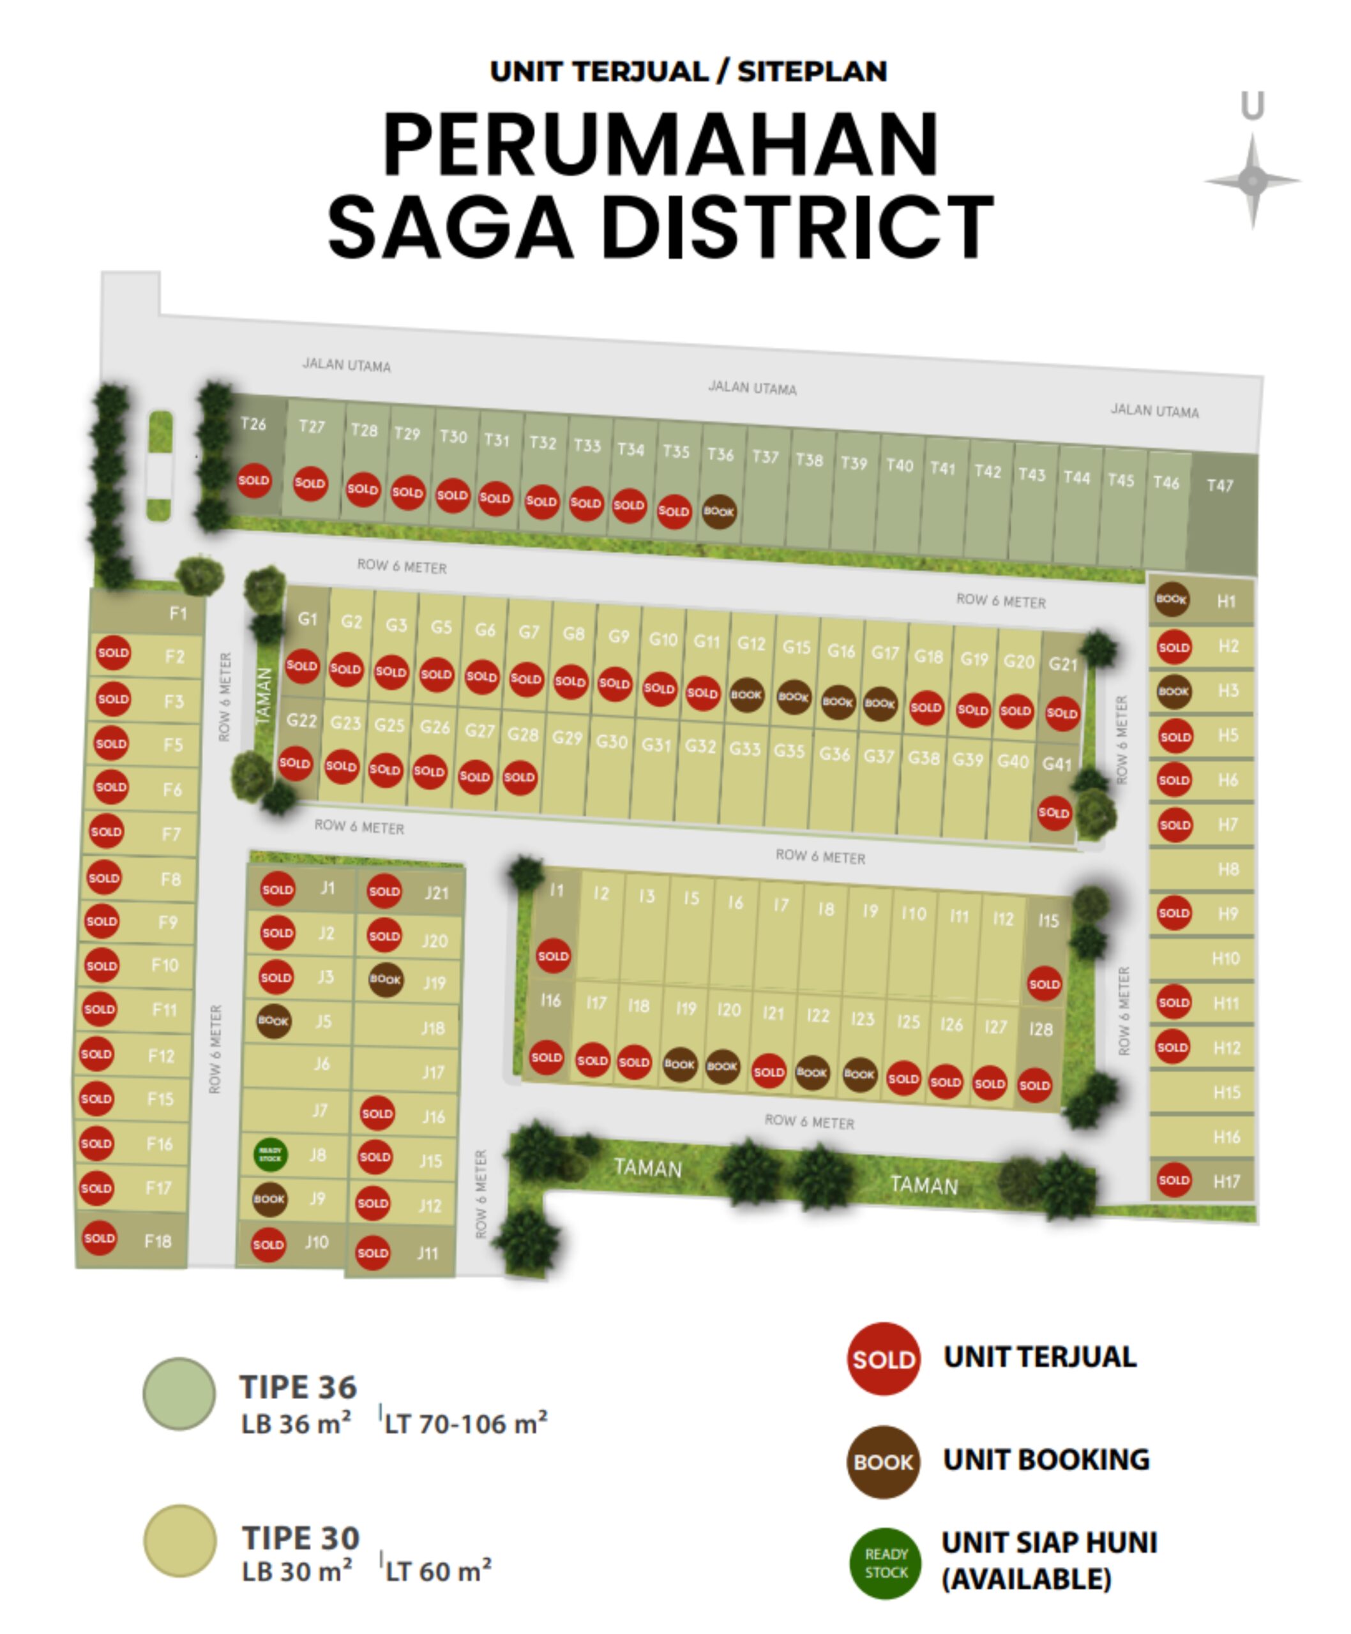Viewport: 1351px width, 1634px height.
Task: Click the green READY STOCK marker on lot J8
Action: tap(270, 1155)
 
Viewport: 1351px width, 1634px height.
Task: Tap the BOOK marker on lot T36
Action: tap(718, 512)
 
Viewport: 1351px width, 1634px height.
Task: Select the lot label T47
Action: tap(1219, 486)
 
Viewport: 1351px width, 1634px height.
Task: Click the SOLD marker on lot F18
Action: tap(100, 1238)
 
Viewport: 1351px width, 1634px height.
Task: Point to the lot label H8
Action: tap(1228, 869)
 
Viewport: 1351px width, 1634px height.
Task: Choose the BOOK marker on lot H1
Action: tap(1171, 599)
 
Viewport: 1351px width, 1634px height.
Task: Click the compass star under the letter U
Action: tap(1252, 181)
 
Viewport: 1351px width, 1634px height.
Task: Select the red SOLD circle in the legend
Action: tap(883, 1360)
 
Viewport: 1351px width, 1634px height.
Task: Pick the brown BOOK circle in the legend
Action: tap(883, 1462)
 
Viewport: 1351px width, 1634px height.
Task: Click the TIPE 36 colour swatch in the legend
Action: tap(180, 1393)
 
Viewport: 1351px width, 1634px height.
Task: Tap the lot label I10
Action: tap(914, 913)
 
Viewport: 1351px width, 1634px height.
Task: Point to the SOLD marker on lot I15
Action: tap(1045, 984)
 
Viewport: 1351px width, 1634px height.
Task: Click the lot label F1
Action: tap(178, 613)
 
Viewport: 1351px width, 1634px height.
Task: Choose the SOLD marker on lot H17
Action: tap(1174, 1180)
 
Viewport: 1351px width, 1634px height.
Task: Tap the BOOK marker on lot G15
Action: tap(793, 697)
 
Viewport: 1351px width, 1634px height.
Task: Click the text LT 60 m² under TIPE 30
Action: tap(438, 1571)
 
